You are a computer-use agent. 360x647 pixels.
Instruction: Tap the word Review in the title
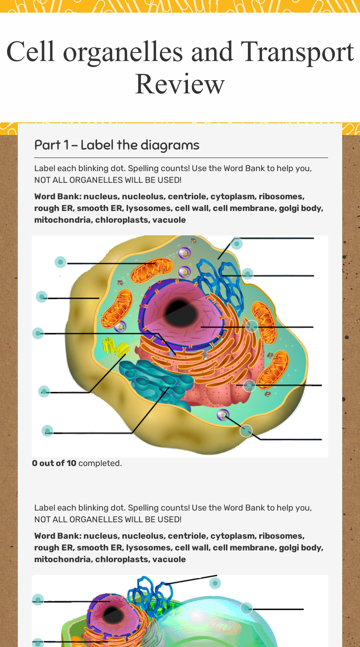(180, 84)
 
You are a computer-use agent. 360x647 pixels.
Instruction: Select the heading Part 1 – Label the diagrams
(117, 145)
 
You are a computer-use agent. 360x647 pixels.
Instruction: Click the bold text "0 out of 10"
(54, 463)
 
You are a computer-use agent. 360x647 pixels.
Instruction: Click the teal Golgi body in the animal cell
(155, 380)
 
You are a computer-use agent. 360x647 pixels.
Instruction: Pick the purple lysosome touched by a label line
(223, 414)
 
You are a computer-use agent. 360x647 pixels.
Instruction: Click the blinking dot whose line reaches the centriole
(44, 391)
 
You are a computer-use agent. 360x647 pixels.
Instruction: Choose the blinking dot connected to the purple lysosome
(246, 431)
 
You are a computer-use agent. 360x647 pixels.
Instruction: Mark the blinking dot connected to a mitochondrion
(60, 262)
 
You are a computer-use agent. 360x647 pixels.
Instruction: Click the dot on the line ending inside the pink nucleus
(252, 326)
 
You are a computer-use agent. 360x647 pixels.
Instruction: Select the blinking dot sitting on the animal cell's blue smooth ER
(247, 274)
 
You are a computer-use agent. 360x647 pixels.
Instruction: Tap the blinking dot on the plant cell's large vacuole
(247, 609)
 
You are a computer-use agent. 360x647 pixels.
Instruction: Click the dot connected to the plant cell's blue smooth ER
(215, 583)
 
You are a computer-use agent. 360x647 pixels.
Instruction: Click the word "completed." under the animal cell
(100, 463)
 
